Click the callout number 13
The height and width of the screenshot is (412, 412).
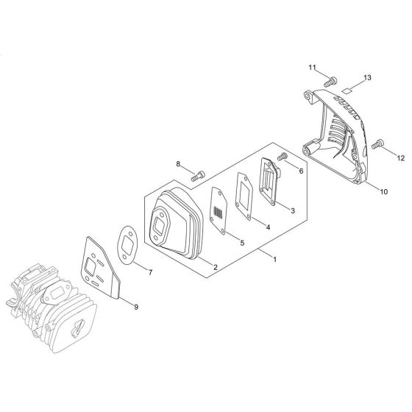[x=367, y=78]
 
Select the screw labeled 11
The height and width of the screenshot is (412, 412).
[x=330, y=82]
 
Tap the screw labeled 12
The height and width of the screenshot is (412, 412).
[x=377, y=144]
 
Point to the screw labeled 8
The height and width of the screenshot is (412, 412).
[x=198, y=176]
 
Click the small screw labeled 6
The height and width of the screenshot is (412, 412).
[x=283, y=156]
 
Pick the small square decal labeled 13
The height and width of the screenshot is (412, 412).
[x=347, y=90]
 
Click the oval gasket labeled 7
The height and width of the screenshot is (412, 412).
[x=127, y=245]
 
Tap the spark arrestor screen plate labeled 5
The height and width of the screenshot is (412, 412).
[x=219, y=210]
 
